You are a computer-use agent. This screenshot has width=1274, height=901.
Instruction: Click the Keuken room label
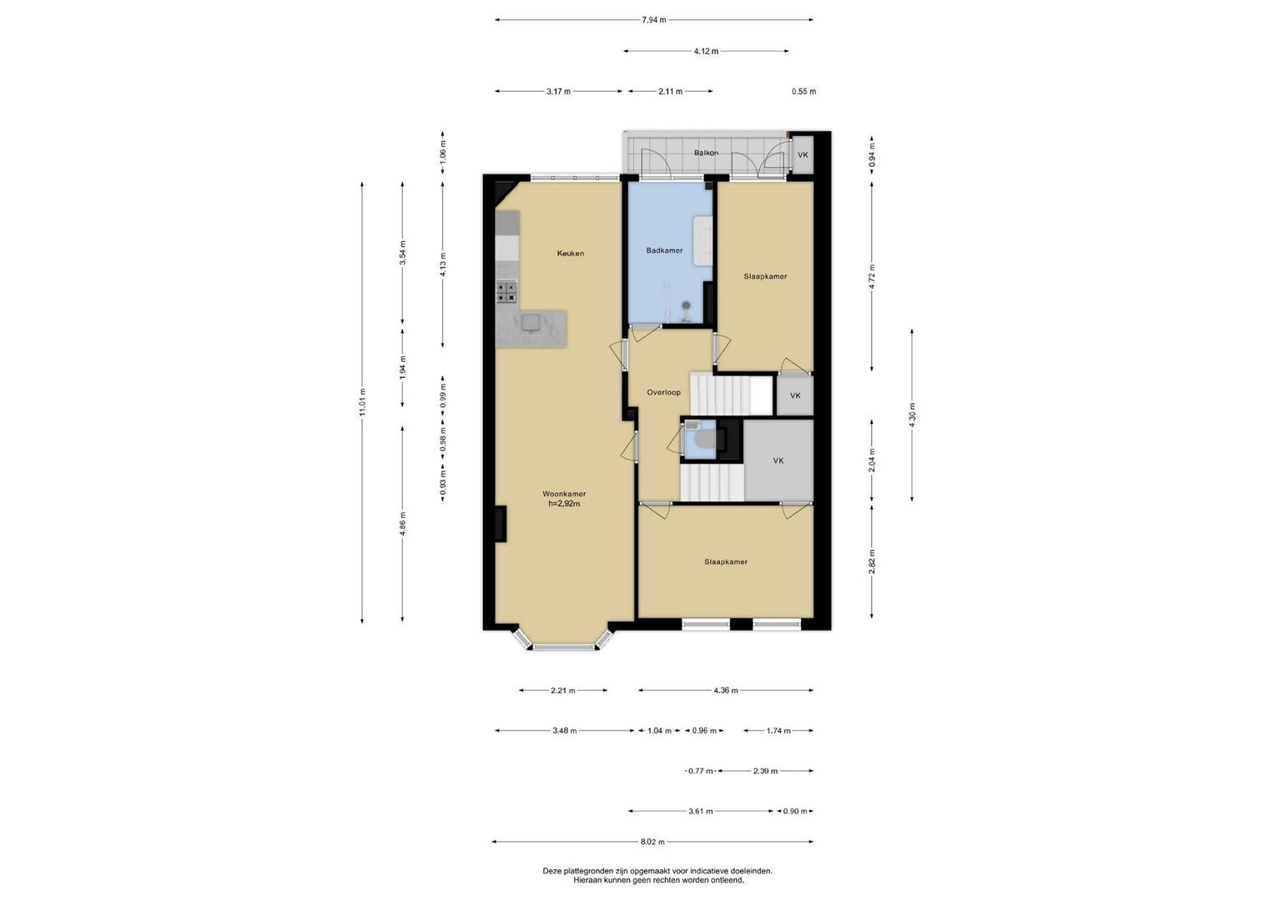pos(570,254)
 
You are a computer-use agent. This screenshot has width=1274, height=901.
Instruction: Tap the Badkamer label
pos(664,250)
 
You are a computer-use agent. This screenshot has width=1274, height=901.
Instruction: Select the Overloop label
pos(664,392)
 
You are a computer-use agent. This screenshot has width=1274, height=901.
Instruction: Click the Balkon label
pos(706,153)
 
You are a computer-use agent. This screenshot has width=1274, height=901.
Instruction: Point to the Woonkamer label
pos(564,494)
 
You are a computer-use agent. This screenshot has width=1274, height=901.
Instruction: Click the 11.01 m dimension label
pos(362,402)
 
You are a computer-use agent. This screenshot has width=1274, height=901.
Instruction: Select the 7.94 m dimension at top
pos(653,20)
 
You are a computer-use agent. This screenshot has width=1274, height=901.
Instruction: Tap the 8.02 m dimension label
pos(653,842)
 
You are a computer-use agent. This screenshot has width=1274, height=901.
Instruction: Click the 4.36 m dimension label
pos(726,691)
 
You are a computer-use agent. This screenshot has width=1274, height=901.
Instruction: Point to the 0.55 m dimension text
pos(803,91)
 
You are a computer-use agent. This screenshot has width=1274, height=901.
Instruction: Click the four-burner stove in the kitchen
pos(507,292)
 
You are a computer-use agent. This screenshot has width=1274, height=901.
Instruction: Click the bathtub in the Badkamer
pos(702,240)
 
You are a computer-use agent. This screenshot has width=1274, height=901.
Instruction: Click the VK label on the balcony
pos(803,155)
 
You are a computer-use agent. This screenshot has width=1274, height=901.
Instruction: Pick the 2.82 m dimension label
pos(872,561)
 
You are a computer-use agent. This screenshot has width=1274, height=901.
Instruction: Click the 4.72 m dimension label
pos(872,276)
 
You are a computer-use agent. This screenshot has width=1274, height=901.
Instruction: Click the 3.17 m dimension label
pos(558,91)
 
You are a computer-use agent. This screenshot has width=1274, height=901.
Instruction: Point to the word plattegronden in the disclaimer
pos(588,871)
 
